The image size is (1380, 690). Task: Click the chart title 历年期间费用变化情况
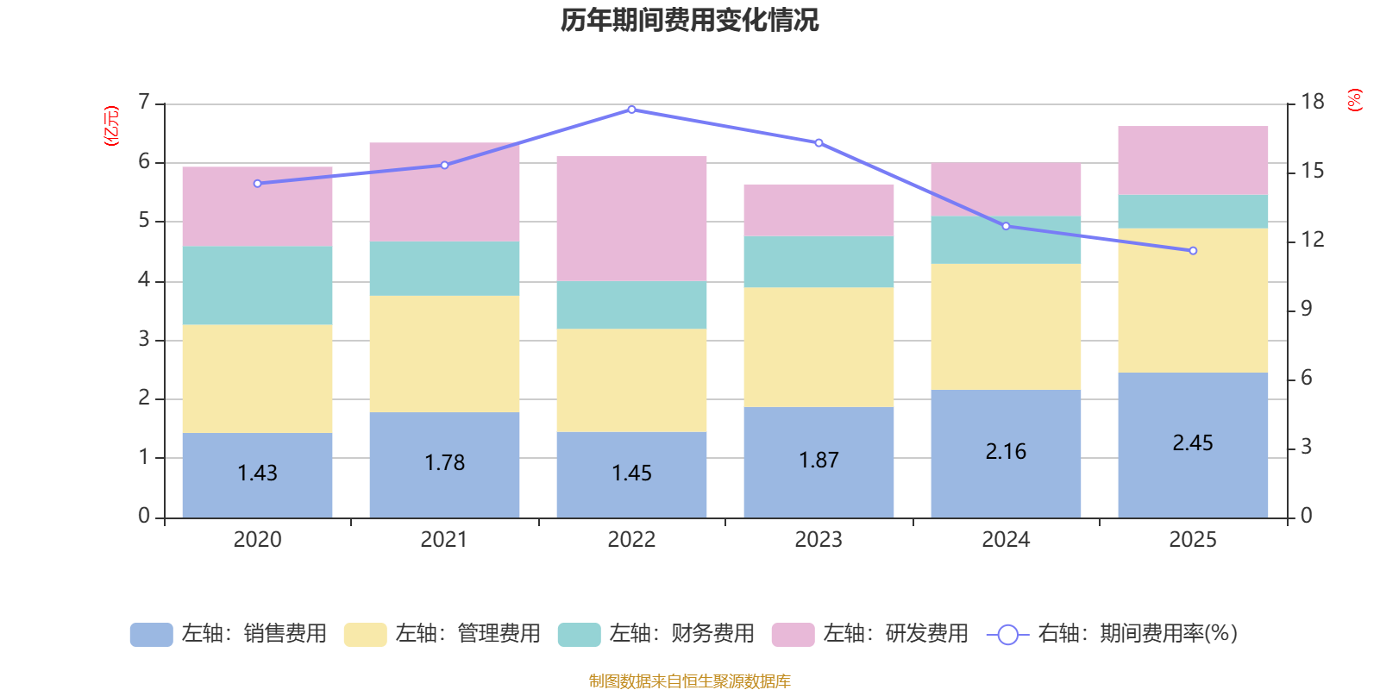pyautogui.click(x=689, y=20)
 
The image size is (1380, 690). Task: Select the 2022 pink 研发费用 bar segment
pyautogui.click(x=631, y=218)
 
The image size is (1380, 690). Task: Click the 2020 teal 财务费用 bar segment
pyautogui.click(x=257, y=285)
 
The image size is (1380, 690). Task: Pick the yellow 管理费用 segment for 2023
pyautogui.click(x=819, y=347)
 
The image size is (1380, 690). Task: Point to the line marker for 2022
pyautogui.click(x=631, y=110)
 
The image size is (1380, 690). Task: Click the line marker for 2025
pyautogui.click(x=1193, y=251)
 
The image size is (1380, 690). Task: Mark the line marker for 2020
pyautogui.click(x=257, y=184)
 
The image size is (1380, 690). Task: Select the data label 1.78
pyautogui.click(x=444, y=463)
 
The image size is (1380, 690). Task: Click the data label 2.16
pyautogui.click(x=1006, y=452)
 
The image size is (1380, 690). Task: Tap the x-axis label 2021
pyautogui.click(x=444, y=540)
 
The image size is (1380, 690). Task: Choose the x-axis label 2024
pyautogui.click(x=1006, y=540)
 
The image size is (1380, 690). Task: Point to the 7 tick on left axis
pyautogui.click(x=144, y=103)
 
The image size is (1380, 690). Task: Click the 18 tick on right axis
pyautogui.click(x=1312, y=102)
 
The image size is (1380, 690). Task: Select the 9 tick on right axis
pyautogui.click(x=1306, y=309)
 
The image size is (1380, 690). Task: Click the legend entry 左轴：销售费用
pyautogui.click(x=229, y=634)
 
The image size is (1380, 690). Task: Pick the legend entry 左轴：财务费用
pyautogui.click(x=656, y=634)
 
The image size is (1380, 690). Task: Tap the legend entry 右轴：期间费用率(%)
pyautogui.click(x=1112, y=634)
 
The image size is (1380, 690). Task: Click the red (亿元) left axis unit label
pyautogui.click(x=110, y=126)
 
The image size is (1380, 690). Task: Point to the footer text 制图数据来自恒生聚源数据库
pyautogui.click(x=689, y=681)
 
